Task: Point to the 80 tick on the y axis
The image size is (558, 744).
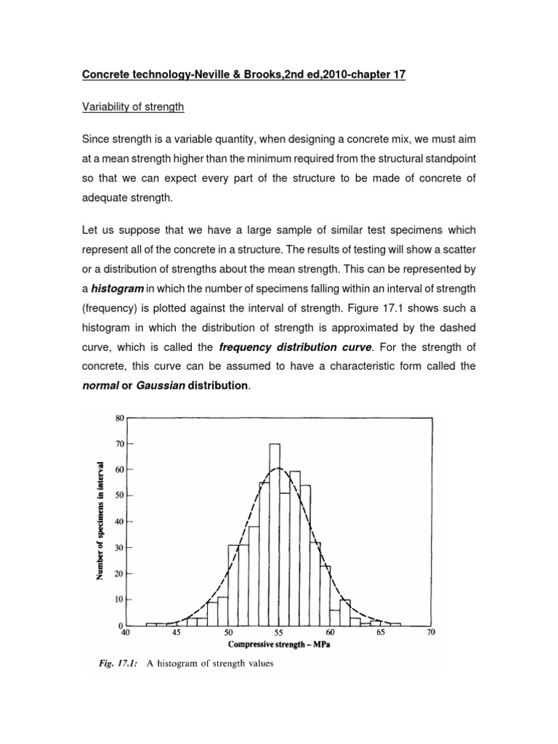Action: (121, 418)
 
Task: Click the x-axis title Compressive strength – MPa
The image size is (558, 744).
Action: (279, 644)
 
